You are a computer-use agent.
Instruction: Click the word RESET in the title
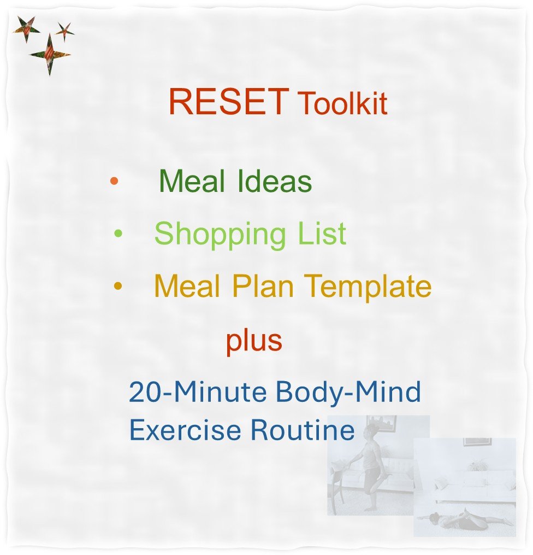click(x=228, y=101)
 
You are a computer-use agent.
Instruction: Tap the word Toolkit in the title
click(x=342, y=104)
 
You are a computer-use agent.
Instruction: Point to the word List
click(x=322, y=233)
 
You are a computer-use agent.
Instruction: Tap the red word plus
click(x=254, y=341)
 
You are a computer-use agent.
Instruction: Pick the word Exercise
click(x=186, y=430)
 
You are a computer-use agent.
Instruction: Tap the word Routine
click(x=303, y=430)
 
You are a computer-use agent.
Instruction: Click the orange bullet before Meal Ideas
click(x=114, y=181)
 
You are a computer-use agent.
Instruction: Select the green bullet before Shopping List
click(x=118, y=234)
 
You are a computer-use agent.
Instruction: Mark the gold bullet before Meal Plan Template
click(x=117, y=285)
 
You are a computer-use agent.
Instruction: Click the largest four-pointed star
click(x=50, y=54)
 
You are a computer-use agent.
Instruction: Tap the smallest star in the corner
click(x=64, y=31)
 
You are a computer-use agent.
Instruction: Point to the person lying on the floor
click(x=464, y=519)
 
